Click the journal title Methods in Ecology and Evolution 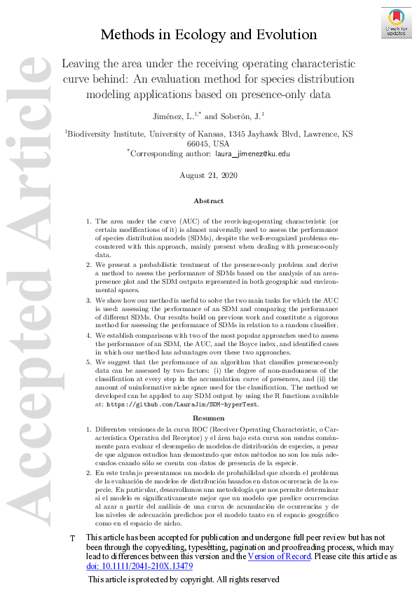click(209, 34)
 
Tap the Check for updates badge click(395, 21)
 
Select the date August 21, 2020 click(208, 175)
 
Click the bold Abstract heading click(208, 200)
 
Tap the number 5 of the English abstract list click(88, 362)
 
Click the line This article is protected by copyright click(184, 580)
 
